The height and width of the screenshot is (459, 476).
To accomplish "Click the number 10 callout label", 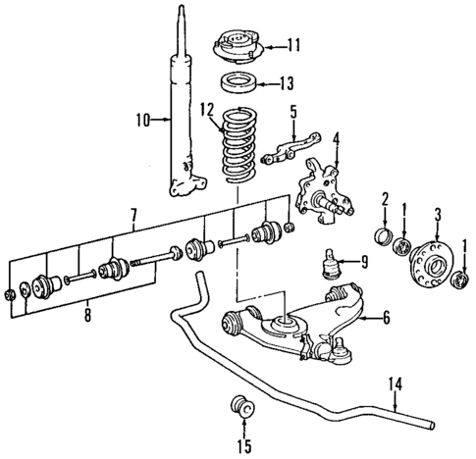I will pyautogui.click(x=141, y=121).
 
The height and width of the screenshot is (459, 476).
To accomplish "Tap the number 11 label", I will pyautogui.click(x=294, y=45).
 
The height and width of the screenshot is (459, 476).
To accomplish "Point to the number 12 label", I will pyautogui.click(x=207, y=108).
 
